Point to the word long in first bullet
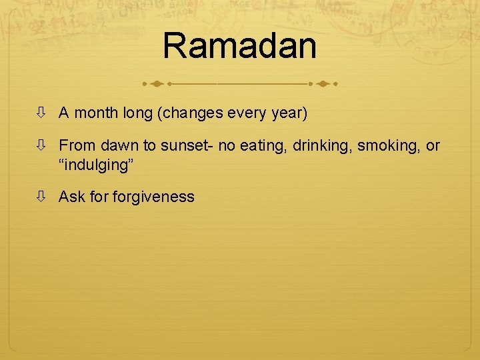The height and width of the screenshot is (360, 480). click(137, 113)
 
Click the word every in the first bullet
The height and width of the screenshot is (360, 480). click(247, 113)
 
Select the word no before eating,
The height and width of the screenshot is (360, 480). click(225, 145)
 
